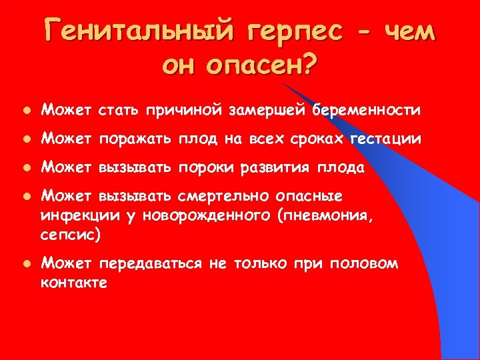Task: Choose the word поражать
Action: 137,139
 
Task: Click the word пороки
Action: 199,168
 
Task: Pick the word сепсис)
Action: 71,234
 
